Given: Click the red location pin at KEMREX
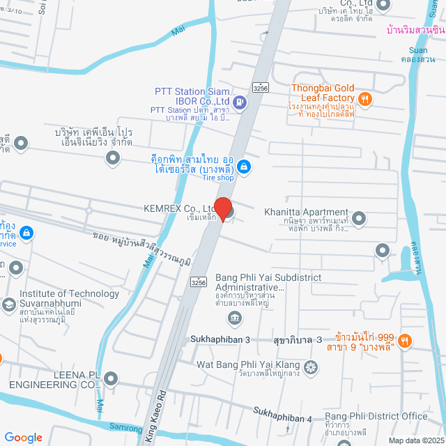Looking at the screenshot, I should point(222,209).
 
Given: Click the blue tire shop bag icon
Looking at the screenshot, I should point(244,166).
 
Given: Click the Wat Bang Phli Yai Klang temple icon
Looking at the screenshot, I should point(312,366).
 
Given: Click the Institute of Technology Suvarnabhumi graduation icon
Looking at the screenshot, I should point(8,305).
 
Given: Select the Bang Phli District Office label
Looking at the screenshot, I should point(376,416).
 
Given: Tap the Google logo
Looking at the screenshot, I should point(23,437).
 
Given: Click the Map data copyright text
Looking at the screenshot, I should point(415,440).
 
